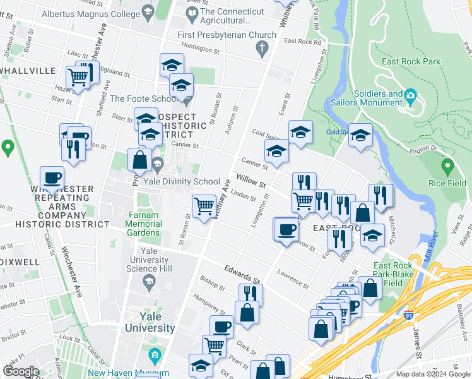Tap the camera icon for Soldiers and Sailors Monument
pos(411,96)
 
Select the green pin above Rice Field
pos(447,167)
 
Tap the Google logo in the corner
pos(21,371)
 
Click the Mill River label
pos(433,243)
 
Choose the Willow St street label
pos(251,182)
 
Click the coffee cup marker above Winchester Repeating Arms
pos(52,177)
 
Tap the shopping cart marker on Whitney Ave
pos(204,205)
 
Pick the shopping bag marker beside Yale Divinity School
pos(139,160)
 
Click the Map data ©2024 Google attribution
pos(432,374)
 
